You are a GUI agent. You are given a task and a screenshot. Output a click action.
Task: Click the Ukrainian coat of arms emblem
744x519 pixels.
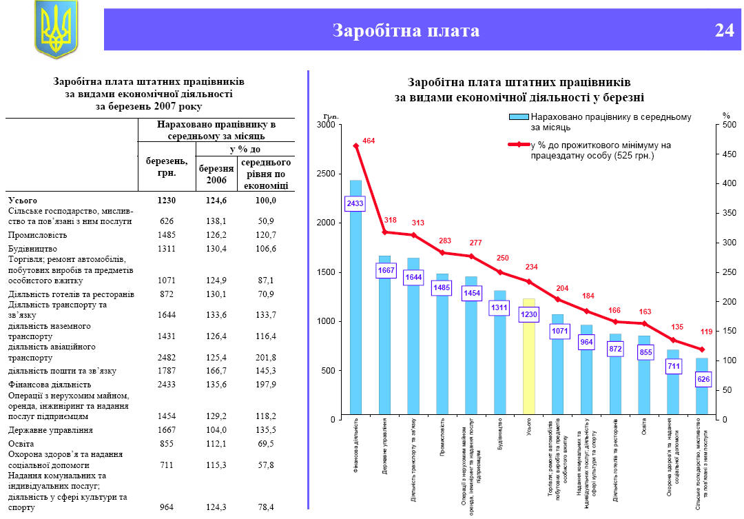pos(56,28)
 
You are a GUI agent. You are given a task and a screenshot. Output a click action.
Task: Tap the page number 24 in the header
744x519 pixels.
pos(724,31)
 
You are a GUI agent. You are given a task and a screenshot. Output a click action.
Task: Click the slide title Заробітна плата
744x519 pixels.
pos(406,31)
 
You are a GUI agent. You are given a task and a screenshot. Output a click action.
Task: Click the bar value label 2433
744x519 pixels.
pos(355,204)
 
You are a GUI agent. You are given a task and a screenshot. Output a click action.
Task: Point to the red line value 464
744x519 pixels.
pos(369,141)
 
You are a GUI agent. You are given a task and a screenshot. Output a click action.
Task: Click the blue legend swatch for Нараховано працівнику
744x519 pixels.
pos(517,118)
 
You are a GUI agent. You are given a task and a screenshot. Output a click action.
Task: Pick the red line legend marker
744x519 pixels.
pos(517,145)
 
